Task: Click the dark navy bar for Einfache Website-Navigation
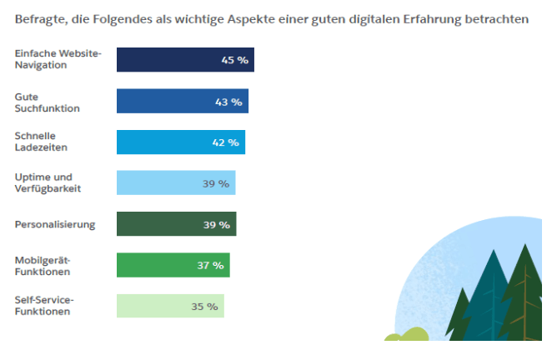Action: pyautogui.click(x=185, y=60)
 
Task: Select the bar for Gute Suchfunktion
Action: pyautogui.click(x=182, y=101)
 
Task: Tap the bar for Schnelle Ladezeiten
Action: pyautogui.click(x=180, y=142)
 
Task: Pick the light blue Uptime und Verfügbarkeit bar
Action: pyautogui.click(x=175, y=182)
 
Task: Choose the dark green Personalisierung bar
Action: pyautogui.click(x=176, y=224)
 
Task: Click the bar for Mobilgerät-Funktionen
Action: pyautogui.click(x=173, y=265)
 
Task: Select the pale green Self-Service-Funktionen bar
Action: pyautogui.click(x=170, y=306)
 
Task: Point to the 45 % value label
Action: pyautogui.click(x=233, y=60)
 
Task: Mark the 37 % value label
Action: pyautogui.click(x=210, y=266)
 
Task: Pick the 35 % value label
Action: pyautogui.click(x=204, y=307)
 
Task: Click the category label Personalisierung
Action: pyautogui.click(x=55, y=224)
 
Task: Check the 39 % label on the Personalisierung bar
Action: pyautogui.click(x=216, y=225)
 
